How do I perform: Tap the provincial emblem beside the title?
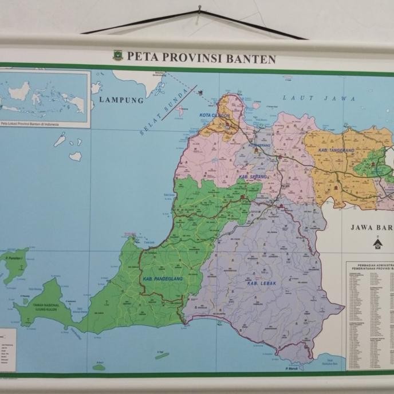118,56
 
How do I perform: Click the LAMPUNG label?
121,100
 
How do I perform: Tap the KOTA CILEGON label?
215,116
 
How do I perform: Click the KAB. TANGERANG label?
336,150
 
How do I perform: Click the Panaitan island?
15,265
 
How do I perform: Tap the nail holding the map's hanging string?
200,9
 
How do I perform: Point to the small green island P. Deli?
100,367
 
